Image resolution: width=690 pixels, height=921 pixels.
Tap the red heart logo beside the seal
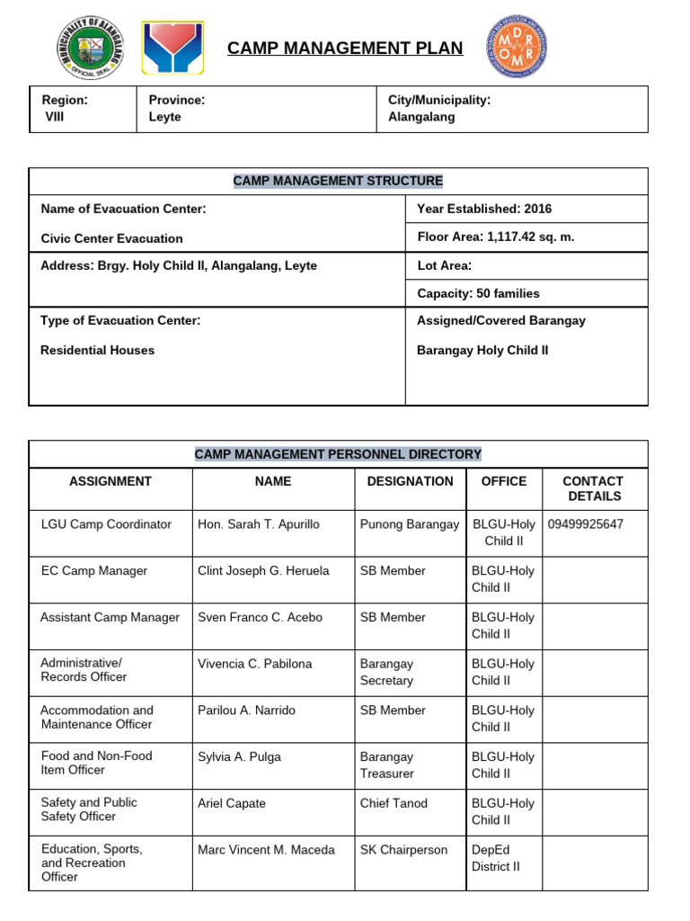[x=172, y=48]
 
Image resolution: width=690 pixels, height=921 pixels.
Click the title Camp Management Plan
[x=345, y=49]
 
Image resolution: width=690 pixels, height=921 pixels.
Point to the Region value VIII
[x=55, y=117]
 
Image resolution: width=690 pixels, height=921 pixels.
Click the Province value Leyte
[x=164, y=117]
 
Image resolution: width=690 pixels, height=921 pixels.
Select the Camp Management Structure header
[x=338, y=181]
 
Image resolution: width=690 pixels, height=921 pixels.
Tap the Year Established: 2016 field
[x=484, y=209]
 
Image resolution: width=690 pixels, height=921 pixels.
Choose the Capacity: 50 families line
[x=478, y=293]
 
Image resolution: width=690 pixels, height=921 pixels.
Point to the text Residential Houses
[x=97, y=350]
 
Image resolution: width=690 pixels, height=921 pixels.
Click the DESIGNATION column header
[x=410, y=481]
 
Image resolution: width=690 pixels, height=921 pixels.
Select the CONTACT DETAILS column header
[x=592, y=488]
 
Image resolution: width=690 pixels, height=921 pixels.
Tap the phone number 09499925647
[x=585, y=524]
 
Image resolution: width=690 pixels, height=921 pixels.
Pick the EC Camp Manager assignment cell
[x=94, y=571]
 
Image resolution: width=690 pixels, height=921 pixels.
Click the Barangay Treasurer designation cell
[x=386, y=765]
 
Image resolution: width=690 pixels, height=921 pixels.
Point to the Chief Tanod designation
[x=394, y=803]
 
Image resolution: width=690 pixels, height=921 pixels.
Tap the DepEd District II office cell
[x=496, y=858]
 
